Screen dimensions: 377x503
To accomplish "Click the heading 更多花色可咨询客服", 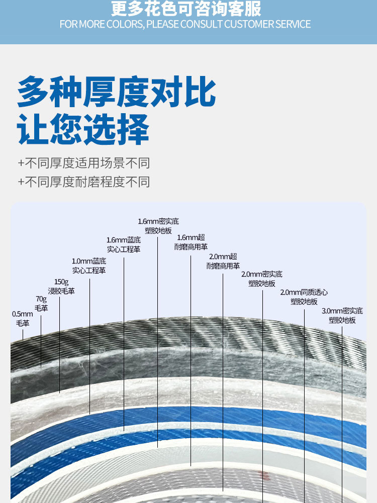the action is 186,9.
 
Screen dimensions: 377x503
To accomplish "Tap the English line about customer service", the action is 185,24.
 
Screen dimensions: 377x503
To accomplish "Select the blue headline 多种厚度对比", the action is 116,92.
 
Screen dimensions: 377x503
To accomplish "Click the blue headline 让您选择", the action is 83,129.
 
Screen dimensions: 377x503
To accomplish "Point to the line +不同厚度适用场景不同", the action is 83,163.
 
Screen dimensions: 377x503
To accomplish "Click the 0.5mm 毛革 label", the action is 22,318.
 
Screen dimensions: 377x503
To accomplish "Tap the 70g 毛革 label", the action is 41,303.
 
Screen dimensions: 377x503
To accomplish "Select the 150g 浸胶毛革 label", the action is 61,286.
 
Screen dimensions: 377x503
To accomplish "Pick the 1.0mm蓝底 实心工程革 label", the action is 89,266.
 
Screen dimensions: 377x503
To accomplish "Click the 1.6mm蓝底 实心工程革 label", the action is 123,244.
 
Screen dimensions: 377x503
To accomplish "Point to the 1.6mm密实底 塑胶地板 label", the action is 158,226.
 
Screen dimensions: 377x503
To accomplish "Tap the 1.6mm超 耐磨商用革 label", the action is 191,242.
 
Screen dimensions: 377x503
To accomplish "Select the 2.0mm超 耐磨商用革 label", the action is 223,261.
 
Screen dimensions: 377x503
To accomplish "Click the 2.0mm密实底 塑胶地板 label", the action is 262,279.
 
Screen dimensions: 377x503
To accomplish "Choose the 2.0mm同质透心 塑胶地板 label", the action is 304,297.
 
